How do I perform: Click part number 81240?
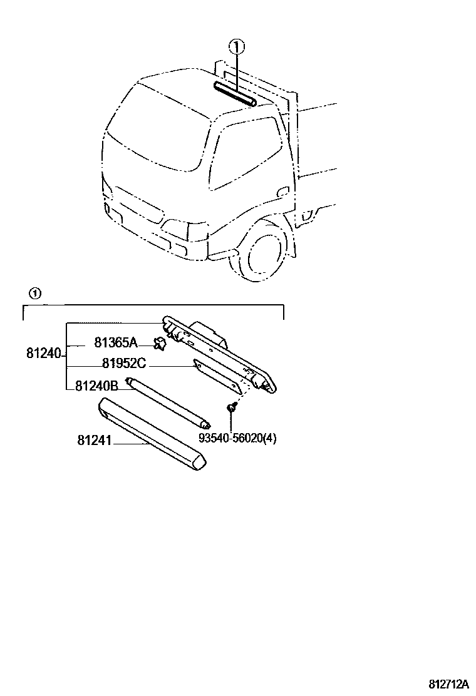click(x=43, y=354)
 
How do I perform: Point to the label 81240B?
click(x=96, y=386)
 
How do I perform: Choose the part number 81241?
click(x=94, y=441)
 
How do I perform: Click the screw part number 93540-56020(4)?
click(x=237, y=439)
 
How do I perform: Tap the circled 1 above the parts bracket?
click(x=35, y=293)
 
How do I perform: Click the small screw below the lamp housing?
click(x=231, y=408)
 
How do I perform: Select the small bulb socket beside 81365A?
click(x=160, y=342)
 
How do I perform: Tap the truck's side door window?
click(x=244, y=153)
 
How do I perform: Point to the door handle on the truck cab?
click(x=284, y=191)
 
